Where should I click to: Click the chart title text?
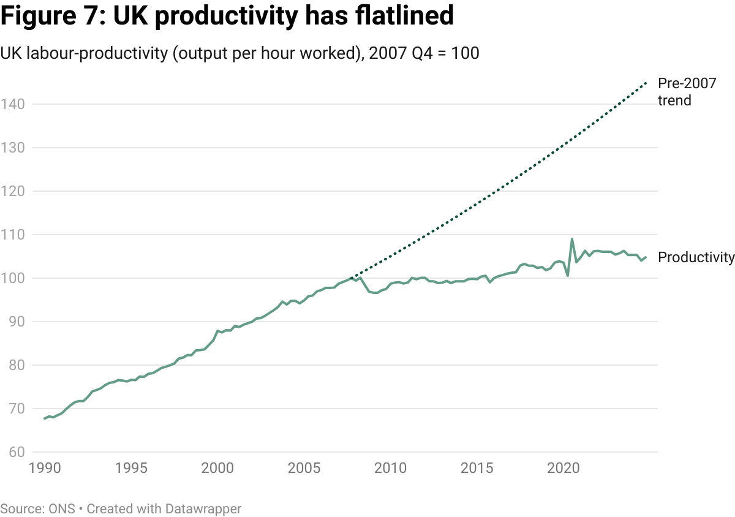click(x=239, y=54)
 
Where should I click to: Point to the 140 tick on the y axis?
click(x=12, y=104)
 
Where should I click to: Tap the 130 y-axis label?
click(x=12, y=148)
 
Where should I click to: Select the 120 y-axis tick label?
click(x=12, y=191)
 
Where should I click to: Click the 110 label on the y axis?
click(x=12, y=235)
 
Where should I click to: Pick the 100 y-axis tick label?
click(x=12, y=278)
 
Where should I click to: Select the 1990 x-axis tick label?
click(x=45, y=469)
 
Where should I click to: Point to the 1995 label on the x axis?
click(x=131, y=469)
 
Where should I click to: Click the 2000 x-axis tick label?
click(x=217, y=469)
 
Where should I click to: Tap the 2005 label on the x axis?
click(x=304, y=469)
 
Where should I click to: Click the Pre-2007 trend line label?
click(x=687, y=92)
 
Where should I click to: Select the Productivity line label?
click(x=696, y=258)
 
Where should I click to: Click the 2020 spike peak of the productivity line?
click(x=572, y=239)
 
